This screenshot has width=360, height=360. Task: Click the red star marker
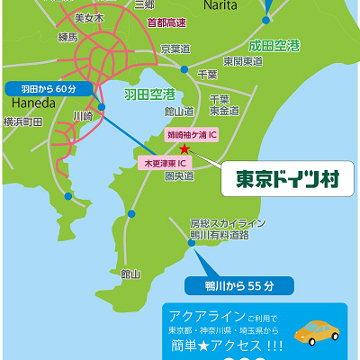pos(184,148)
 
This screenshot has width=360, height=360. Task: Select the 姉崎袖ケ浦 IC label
pos(193,134)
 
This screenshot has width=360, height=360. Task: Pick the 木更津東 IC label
pos(165,163)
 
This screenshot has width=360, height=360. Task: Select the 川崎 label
pos(83,116)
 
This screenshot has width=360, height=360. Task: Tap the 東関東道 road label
pos(243,60)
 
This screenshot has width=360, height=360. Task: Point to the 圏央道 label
pos(185,176)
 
